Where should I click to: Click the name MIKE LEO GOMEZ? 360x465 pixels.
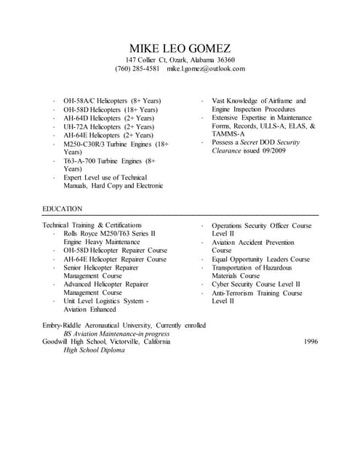coord(180,47)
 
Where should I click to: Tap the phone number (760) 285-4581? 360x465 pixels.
coord(137,69)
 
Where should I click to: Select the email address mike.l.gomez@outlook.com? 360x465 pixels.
coord(206,69)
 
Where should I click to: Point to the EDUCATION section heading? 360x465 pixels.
coord(63,209)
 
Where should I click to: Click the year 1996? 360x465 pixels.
coord(311,341)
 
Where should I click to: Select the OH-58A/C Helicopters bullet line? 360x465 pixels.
coord(112,100)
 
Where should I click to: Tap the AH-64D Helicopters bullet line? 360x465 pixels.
coord(108,118)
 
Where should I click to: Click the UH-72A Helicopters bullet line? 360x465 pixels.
coord(108,126)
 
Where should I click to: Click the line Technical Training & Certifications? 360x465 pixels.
coord(92,225)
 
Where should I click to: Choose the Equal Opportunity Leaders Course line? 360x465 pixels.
coord(260,259)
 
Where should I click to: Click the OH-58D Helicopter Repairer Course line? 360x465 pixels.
coord(115,251)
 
